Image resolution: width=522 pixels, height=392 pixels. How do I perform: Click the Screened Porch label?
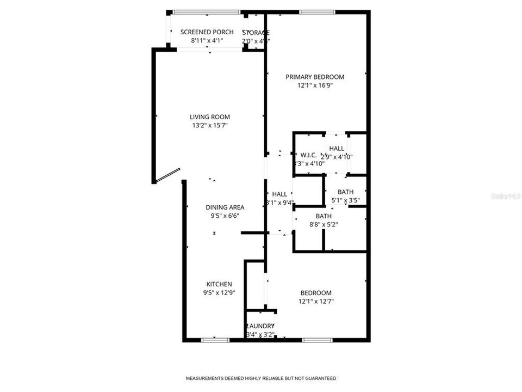click(x=207, y=32)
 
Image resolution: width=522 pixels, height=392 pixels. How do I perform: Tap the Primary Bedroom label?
click(x=315, y=77)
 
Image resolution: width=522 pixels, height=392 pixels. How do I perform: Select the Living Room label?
click(x=209, y=117)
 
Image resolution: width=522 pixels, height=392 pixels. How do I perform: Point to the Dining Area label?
click(x=225, y=207)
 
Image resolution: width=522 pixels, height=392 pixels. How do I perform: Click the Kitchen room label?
click(x=219, y=284)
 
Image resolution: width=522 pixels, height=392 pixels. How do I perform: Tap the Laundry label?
click(x=260, y=326)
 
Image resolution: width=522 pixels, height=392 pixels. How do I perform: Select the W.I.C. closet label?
click(x=308, y=155)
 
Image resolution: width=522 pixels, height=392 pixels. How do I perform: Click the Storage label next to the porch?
click(x=256, y=33)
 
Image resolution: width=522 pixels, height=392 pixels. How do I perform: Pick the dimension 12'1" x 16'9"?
click(x=315, y=85)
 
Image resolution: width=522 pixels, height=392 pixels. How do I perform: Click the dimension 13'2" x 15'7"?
click(x=209, y=125)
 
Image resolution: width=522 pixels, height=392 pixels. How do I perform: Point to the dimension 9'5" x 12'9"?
click(x=219, y=293)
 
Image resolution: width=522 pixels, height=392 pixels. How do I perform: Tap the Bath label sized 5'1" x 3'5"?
click(x=345, y=192)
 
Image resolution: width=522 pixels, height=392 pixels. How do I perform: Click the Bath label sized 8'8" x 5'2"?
click(x=324, y=216)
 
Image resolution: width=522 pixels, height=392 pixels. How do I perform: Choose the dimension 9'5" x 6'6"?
click(x=225, y=215)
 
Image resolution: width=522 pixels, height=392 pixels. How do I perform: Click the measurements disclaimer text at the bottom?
click(x=261, y=378)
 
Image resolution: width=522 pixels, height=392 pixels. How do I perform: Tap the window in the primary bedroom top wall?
click(x=316, y=12)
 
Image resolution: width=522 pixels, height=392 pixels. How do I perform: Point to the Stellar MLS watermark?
click(x=505, y=195)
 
